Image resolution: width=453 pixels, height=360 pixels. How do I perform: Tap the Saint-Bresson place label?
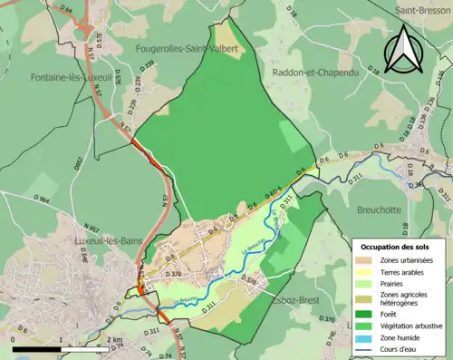423,11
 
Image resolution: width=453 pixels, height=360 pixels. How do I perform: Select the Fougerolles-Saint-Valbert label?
188,48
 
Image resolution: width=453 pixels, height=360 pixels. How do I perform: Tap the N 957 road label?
92,227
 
